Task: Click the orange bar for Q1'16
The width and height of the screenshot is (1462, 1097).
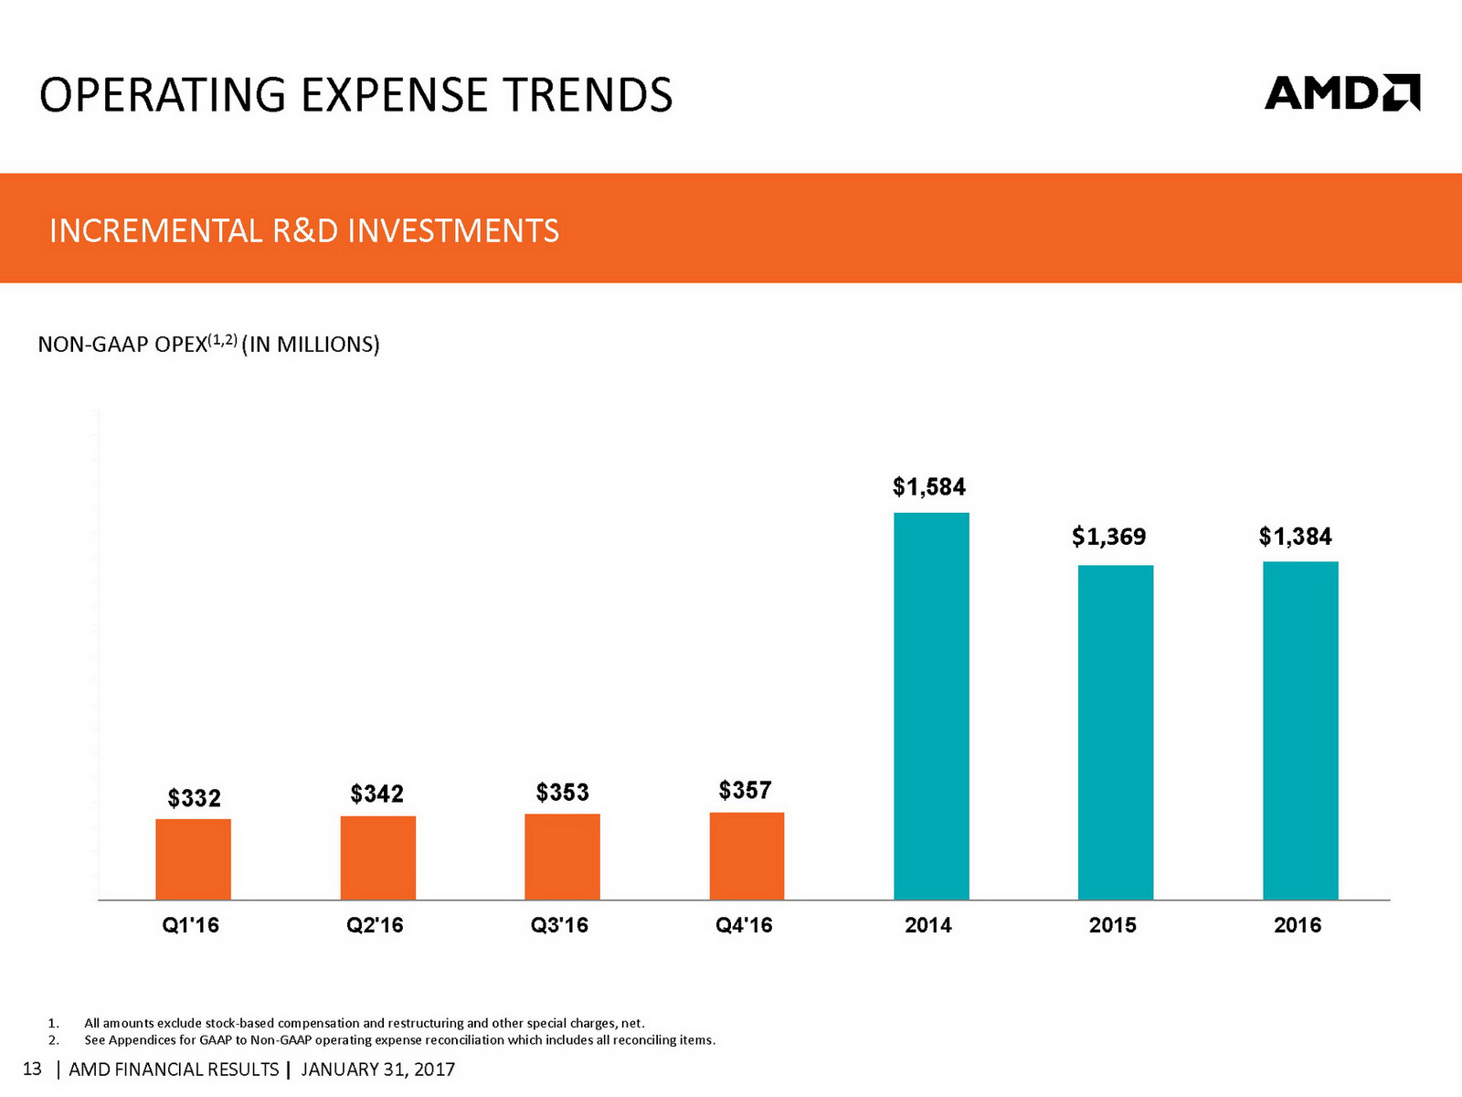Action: (193, 859)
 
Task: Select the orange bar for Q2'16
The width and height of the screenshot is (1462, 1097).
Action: (377, 857)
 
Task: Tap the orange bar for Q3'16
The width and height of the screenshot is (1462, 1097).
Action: (562, 857)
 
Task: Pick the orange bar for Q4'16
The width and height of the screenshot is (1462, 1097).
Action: (747, 856)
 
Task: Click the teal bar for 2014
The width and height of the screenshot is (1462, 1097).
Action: (931, 706)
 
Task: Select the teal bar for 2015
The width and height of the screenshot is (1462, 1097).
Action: (1116, 732)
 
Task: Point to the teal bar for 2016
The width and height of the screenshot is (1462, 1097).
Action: (1300, 730)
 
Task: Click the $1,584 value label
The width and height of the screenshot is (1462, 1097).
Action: (929, 486)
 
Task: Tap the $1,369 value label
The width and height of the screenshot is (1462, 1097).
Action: (1109, 536)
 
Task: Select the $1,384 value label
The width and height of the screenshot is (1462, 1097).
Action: (1296, 536)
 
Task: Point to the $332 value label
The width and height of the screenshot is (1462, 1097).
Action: (194, 798)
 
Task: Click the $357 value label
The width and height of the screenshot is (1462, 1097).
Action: (745, 790)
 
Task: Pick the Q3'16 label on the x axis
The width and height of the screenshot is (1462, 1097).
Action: (559, 925)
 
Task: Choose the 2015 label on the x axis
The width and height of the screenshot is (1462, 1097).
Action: (1112, 925)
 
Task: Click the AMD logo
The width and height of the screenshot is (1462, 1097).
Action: (1341, 93)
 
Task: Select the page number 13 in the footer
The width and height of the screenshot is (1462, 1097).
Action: (32, 1069)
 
